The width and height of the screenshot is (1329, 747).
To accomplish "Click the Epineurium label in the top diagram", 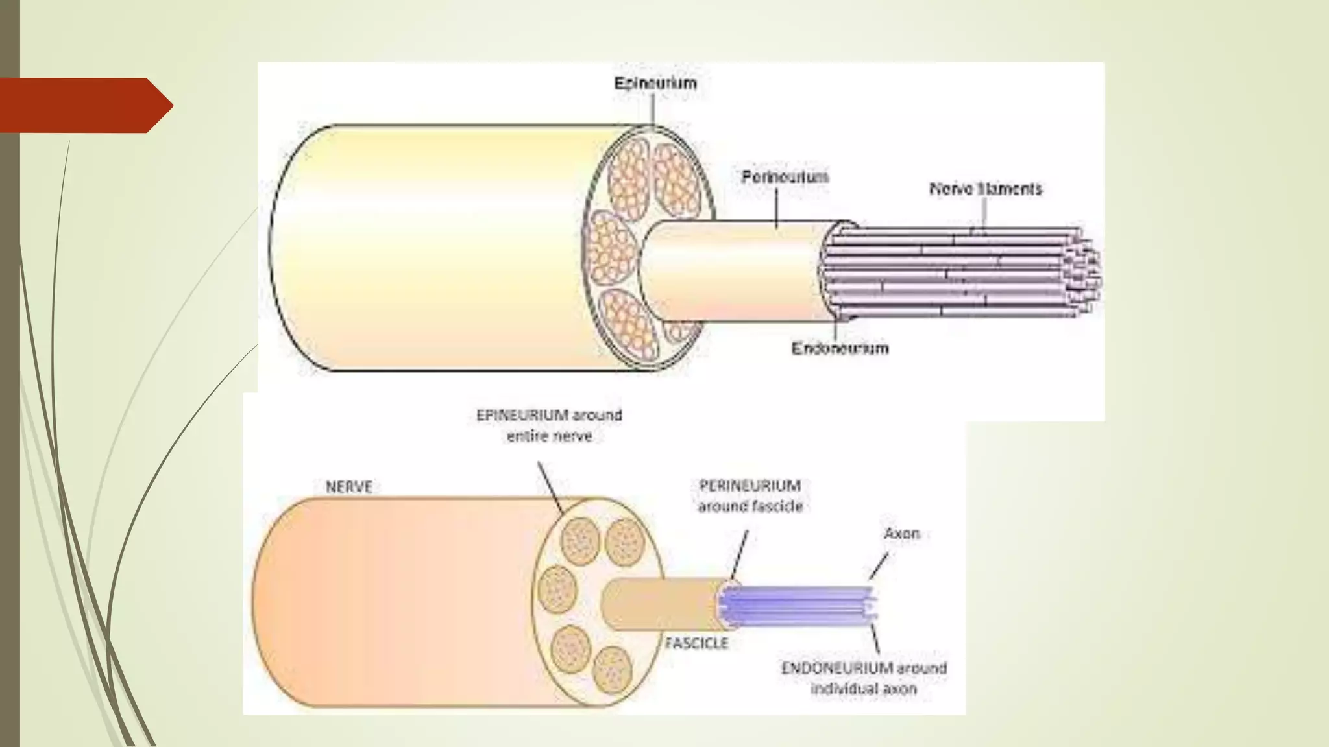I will pyautogui.click(x=655, y=84).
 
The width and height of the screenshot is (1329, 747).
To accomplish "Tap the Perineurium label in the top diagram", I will pyautogui.click(x=785, y=177).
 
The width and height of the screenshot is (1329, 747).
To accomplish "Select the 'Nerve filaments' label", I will pyautogui.click(x=985, y=189).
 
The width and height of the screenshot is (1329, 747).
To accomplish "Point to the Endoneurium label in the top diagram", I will pyautogui.click(x=840, y=348).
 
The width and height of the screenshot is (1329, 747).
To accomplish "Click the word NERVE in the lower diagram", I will pyautogui.click(x=349, y=487).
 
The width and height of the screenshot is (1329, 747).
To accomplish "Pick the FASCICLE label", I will pyautogui.click(x=696, y=643).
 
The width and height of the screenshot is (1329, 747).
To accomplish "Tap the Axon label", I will pyautogui.click(x=901, y=534).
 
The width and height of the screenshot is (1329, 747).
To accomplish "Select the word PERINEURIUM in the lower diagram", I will pyautogui.click(x=750, y=486).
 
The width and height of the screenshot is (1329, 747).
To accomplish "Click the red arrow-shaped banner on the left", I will pyautogui.click(x=84, y=105).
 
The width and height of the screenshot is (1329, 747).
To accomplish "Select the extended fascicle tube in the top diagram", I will pyautogui.click(x=733, y=269).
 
